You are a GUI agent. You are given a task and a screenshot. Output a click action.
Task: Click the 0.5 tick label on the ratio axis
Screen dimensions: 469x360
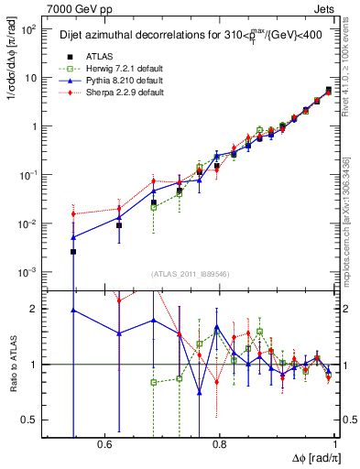click(x=30, y=420)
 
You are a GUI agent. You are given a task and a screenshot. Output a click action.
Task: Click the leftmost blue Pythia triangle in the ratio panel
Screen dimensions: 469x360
click(x=73, y=311)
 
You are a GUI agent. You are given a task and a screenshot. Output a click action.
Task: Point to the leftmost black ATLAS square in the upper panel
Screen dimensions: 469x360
click(x=73, y=251)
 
